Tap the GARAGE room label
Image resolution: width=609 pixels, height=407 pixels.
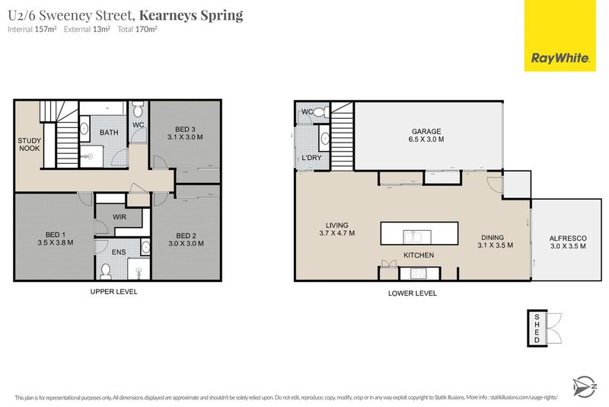427,131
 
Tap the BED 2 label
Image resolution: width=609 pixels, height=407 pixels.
187,235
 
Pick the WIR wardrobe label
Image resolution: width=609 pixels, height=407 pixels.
119,217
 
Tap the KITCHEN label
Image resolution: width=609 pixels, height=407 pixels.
419,255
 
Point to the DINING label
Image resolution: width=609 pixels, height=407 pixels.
495,236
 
